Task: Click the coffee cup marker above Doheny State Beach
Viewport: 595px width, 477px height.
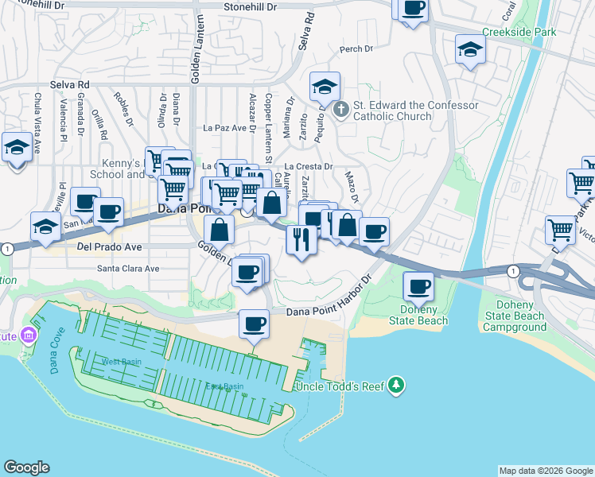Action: coord(418,285)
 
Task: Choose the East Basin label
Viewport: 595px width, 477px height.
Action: coord(224,387)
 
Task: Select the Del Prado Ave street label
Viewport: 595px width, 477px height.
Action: coord(108,246)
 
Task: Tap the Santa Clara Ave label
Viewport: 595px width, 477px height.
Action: coord(128,269)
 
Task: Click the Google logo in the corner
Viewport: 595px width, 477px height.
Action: coord(26,467)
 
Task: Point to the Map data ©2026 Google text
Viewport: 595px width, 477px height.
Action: coord(545,471)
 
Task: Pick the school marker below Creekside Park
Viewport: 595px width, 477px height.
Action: coord(470,50)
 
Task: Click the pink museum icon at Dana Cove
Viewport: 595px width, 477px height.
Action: coord(29,335)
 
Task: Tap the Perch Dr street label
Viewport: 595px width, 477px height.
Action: coord(356,49)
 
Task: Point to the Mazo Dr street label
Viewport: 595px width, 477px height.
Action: coord(353,188)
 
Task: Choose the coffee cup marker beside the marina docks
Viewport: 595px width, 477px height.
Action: coord(254,324)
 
